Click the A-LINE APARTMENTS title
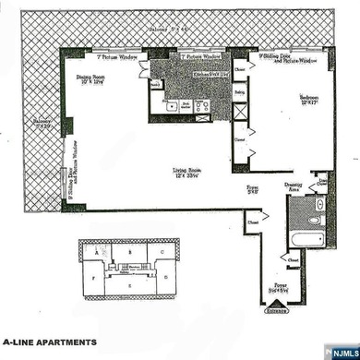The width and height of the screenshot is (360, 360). tap(49, 342)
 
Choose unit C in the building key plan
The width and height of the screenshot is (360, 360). tap(162, 251)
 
